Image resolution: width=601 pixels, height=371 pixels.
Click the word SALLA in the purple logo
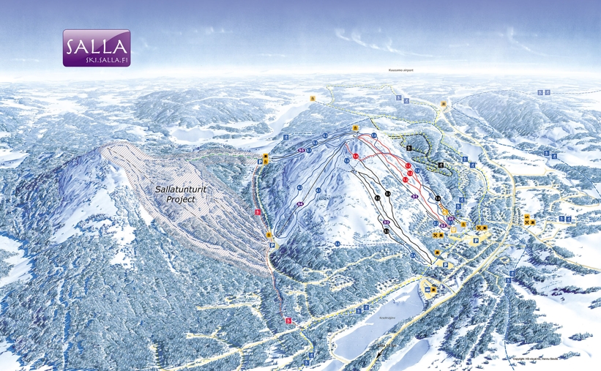tap(97, 45)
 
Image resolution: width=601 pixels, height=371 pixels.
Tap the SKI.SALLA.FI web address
tap(97, 60)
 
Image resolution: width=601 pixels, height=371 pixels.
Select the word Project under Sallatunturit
tap(180, 198)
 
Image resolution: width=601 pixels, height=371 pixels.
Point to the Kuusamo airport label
tap(400, 71)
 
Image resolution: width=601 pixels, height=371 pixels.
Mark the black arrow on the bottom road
tap(378, 353)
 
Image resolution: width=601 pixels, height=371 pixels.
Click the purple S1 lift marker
tap(414, 196)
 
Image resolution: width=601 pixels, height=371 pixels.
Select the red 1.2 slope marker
tap(409, 173)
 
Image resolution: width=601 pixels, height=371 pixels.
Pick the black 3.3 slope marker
tap(386, 231)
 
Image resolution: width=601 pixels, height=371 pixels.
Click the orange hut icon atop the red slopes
tap(355, 128)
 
